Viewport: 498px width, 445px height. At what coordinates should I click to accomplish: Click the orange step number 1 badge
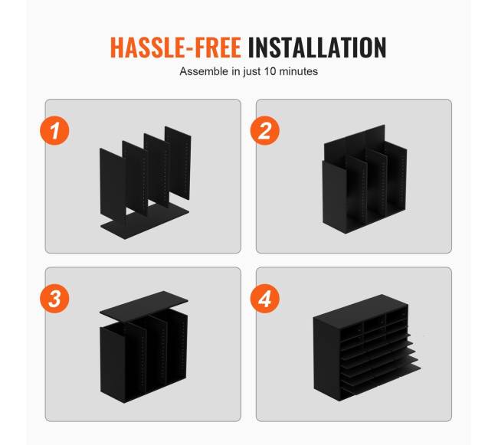[x=54, y=131]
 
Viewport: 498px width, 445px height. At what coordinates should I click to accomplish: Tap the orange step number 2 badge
[x=265, y=131]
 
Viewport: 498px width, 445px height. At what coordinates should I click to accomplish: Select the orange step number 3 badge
[x=54, y=299]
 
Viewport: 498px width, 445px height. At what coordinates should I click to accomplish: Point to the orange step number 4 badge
[x=265, y=299]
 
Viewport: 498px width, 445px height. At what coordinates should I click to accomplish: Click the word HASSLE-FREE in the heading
[x=175, y=47]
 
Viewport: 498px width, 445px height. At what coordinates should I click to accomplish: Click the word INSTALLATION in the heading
[x=317, y=47]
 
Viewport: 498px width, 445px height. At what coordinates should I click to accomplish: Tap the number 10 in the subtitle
[x=270, y=71]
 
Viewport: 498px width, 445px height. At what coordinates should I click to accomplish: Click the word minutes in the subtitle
[x=299, y=71]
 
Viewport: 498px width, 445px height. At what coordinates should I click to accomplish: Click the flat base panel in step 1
[x=145, y=221]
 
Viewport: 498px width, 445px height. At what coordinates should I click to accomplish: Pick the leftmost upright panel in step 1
[x=113, y=184]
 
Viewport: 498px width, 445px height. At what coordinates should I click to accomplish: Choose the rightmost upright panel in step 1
[x=178, y=163]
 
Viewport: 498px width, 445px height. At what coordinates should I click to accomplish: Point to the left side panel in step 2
[x=334, y=197]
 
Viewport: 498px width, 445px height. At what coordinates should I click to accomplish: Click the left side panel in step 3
[x=113, y=365]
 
